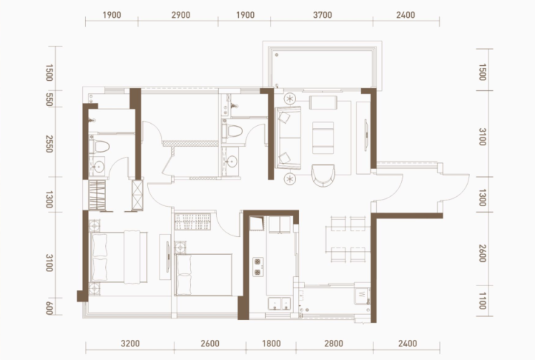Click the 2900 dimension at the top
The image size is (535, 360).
point(181,15)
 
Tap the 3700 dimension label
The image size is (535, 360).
point(323,15)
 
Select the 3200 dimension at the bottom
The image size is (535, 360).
point(130,344)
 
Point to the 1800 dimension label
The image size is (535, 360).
point(271,344)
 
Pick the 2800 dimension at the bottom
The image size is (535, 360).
point(334,344)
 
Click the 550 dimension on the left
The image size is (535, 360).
point(49,99)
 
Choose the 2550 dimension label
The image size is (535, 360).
point(49,144)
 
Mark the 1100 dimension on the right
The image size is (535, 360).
point(482,301)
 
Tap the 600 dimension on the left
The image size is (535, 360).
point(49,308)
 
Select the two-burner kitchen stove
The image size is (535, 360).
point(258,267)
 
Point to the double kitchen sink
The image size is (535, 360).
point(280,303)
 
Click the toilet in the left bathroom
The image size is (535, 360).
point(99,147)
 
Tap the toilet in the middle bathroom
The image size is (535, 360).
point(232,131)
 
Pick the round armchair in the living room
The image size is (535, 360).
point(323,175)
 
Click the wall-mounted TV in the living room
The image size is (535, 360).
point(366,135)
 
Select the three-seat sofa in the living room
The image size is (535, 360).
point(289,138)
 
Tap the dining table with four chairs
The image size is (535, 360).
point(348,240)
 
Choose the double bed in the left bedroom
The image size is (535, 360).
point(118,257)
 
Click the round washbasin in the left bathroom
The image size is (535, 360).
point(99,167)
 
